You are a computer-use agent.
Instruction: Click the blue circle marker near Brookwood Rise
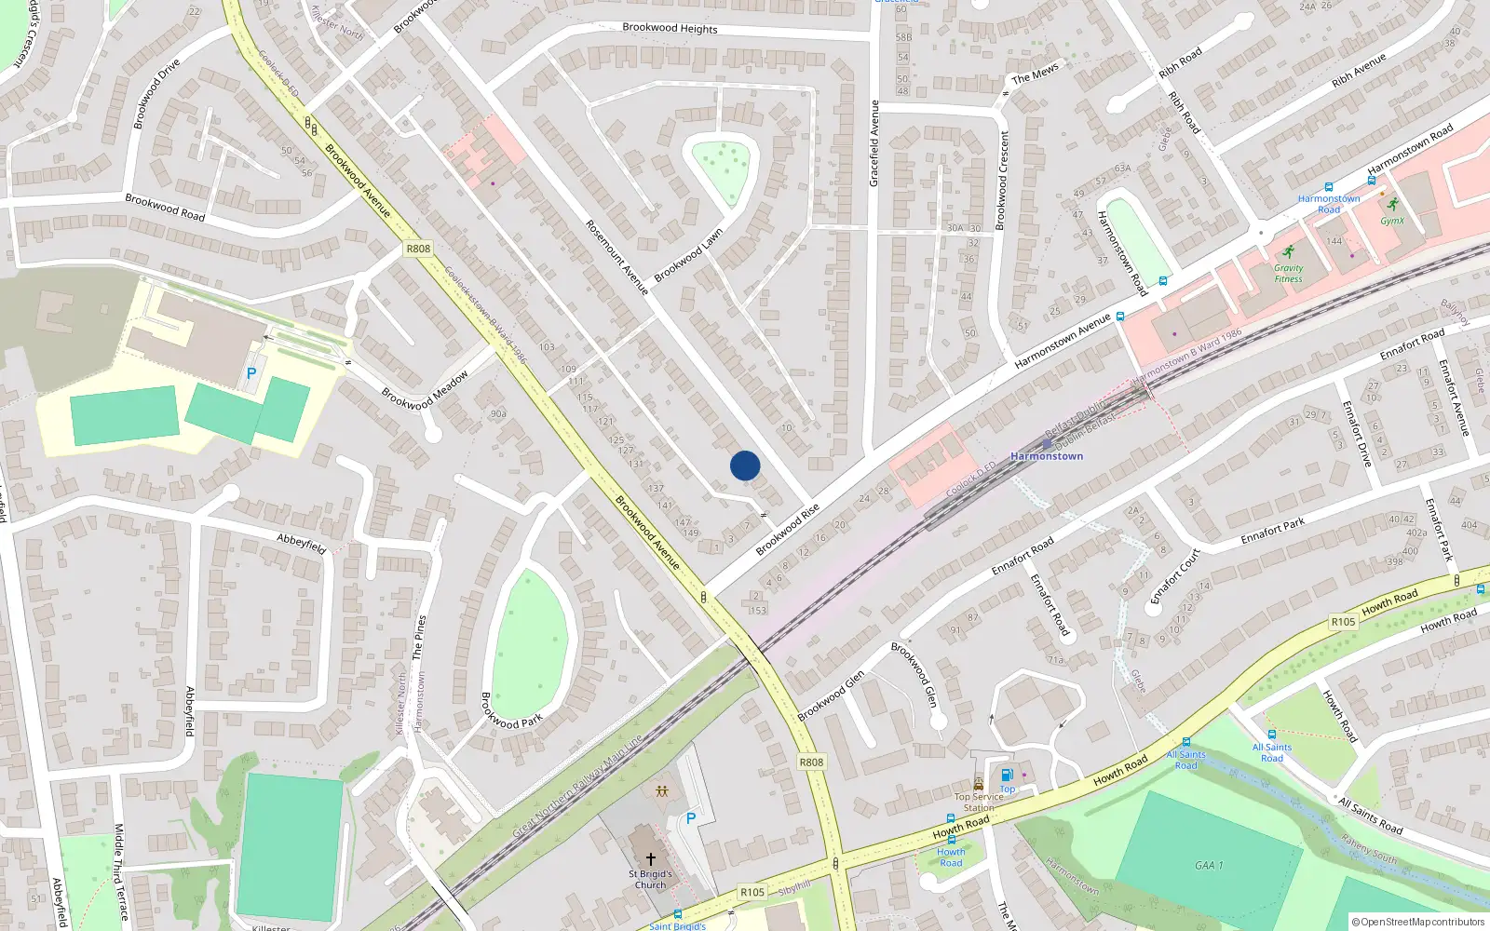tap(745, 465)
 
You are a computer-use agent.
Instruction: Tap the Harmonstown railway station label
tap(1047, 456)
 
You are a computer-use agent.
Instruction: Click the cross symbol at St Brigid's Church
tap(650, 858)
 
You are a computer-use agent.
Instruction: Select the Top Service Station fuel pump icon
tap(1007, 776)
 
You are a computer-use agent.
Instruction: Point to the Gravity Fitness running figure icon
tap(1288, 252)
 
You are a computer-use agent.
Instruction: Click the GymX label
tap(1392, 221)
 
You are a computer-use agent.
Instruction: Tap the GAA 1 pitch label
tap(1209, 865)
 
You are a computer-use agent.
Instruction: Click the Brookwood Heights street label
tap(670, 28)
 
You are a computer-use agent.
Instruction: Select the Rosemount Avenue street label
tap(616, 258)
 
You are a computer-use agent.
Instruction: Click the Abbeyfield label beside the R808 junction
tap(302, 544)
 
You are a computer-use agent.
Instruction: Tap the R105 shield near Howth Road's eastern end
tap(1343, 622)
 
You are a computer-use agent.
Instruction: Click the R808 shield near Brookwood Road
tap(418, 249)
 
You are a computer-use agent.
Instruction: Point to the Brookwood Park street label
tap(511, 710)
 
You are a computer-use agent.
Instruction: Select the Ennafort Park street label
tap(1272, 532)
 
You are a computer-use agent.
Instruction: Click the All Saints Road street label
tap(1370, 815)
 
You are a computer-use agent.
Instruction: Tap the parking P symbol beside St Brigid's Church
tap(691, 818)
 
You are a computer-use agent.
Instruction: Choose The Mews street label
tap(1035, 74)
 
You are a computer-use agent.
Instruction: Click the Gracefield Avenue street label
tap(874, 143)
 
